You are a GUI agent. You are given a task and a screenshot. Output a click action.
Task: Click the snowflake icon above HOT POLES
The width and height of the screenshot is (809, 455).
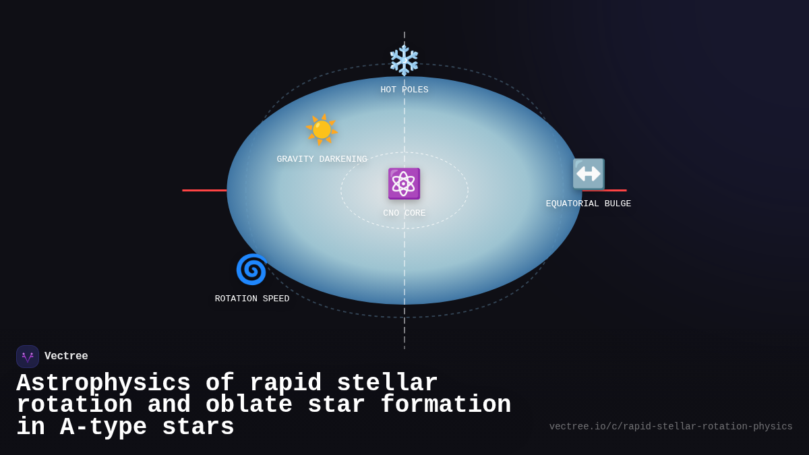pyautogui.click(x=404, y=60)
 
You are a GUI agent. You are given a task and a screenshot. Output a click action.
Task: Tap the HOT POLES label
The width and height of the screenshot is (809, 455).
pyautogui.click(x=404, y=90)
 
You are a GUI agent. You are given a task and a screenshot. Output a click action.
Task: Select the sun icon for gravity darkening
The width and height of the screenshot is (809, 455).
pyautogui.click(x=321, y=129)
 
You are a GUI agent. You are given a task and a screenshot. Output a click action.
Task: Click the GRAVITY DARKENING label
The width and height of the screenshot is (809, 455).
pyautogui.click(x=322, y=159)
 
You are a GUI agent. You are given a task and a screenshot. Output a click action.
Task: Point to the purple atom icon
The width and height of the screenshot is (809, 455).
pyautogui.click(x=404, y=183)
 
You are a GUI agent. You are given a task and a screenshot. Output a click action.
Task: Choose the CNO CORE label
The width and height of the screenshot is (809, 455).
pyautogui.click(x=404, y=213)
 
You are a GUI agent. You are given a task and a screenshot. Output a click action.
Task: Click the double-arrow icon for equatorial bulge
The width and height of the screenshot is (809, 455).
pyautogui.click(x=588, y=174)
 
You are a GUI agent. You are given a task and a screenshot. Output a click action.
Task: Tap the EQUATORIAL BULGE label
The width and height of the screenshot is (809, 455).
pyautogui.click(x=588, y=204)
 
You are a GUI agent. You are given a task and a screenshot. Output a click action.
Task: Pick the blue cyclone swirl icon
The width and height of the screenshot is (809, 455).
pyautogui.click(x=251, y=269)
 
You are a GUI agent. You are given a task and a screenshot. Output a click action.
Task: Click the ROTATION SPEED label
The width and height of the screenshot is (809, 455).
pyautogui.click(x=251, y=299)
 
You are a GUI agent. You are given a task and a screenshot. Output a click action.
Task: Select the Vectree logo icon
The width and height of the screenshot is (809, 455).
pyautogui.click(x=28, y=357)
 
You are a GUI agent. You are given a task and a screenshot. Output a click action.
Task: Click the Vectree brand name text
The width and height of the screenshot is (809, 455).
pyautogui.click(x=66, y=357)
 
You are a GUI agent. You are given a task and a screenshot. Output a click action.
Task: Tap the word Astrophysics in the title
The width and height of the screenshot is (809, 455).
pyautogui.click(x=103, y=383)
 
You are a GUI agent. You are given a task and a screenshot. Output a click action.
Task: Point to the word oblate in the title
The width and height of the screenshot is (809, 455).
pyautogui.click(x=249, y=404)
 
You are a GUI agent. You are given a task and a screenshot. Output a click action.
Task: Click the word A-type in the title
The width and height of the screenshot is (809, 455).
pyautogui.click(x=103, y=427)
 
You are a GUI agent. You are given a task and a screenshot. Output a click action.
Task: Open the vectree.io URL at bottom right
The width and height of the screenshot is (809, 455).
pyautogui.click(x=670, y=427)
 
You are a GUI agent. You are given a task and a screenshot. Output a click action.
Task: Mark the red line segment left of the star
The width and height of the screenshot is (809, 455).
pyautogui.click(x=204, y=190)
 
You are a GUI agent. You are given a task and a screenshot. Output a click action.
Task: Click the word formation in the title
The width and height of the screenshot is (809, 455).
pyautogui.click(x=445, y=404)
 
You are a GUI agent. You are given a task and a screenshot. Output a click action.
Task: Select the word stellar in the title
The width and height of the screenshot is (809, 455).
pyautogui.click(x=387, y=383)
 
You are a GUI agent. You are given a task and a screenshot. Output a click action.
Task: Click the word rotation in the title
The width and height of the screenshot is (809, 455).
pyautogui.click(x=74, y=404)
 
